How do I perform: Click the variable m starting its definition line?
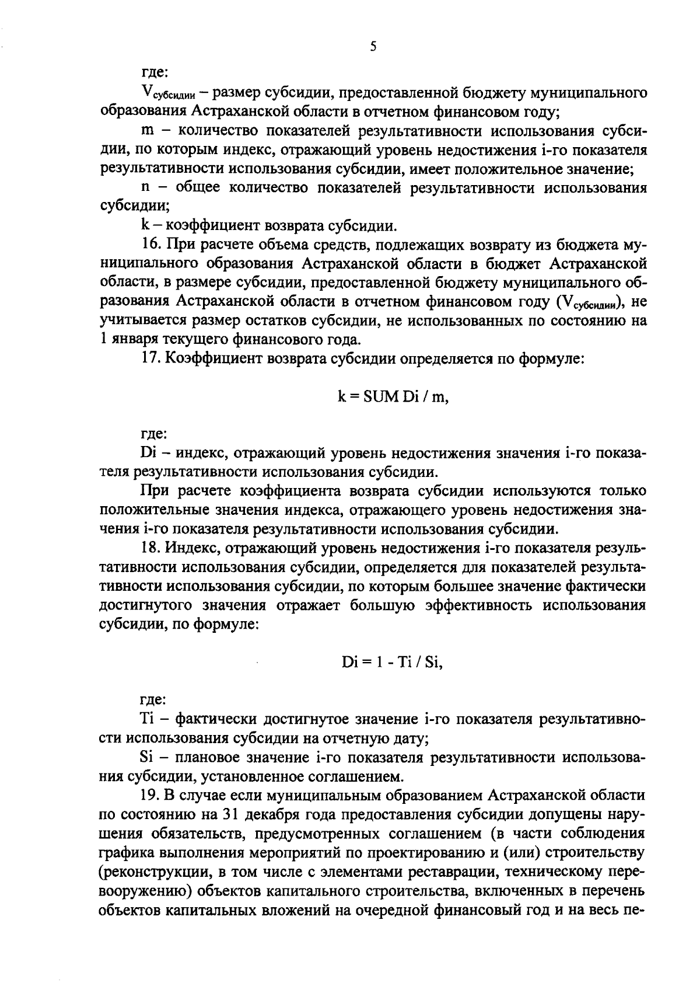(x=146, y=131)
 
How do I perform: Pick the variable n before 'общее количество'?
(x=146, y=187)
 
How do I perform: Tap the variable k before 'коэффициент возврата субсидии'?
(x=145, y=225)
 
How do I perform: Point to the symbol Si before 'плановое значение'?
(x=147, y=758)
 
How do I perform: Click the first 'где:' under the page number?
(x=155, y=72)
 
